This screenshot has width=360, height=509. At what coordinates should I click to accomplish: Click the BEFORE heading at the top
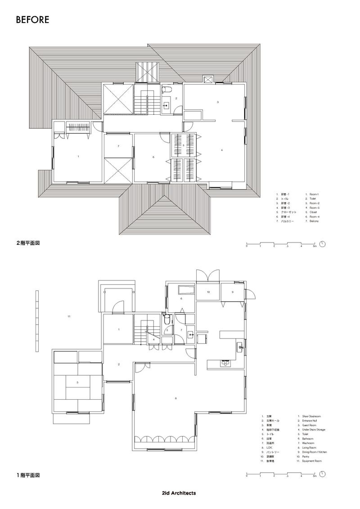[x=32, y=20]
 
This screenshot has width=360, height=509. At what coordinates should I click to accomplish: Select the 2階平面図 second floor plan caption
[x=29, y=243]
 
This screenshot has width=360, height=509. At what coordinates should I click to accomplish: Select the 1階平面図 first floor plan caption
[x=29, y=474]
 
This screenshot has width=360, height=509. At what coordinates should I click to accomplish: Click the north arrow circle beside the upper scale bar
[x=323, y=245]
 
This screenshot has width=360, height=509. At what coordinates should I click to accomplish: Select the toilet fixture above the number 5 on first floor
[x=166, y=320]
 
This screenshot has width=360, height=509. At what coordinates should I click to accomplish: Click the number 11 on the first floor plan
[x=69, y=317]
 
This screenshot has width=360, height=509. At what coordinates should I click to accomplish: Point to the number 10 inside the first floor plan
[x=208, y=292]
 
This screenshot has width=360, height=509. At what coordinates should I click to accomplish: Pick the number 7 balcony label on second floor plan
[x=118, y=147]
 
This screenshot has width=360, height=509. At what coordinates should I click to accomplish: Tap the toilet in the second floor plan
[x=165, y=89]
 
